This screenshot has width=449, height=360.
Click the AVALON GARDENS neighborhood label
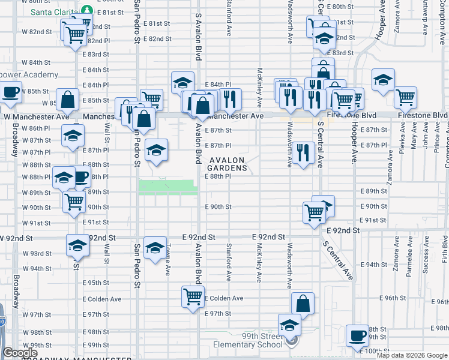click(228, 164)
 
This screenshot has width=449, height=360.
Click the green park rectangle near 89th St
click(168, 187)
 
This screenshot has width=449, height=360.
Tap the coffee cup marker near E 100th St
click(358, 335)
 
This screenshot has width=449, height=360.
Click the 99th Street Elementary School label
click(248, 340)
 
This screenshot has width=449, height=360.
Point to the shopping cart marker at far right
click(406, 96)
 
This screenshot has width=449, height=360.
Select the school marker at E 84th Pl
click(182, 82)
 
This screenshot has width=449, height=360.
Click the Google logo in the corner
click(20, 353)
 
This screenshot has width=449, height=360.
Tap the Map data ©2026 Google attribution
click(412, 355)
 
